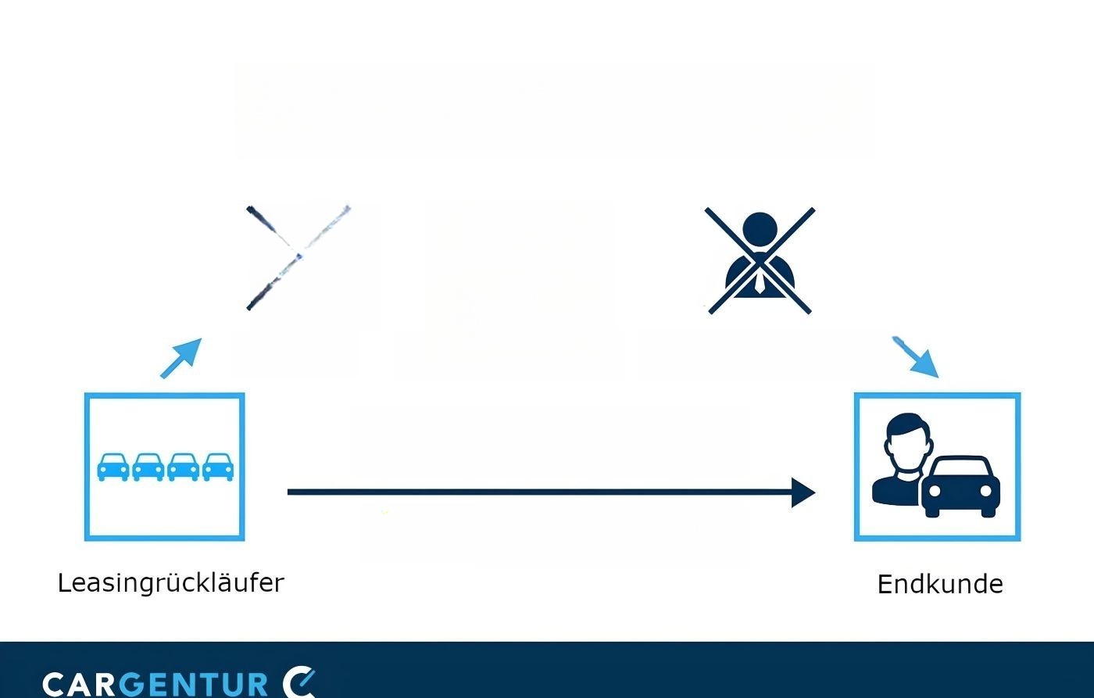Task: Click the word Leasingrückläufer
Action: (x=171, y=584)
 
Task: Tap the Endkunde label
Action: (x=940, y=585)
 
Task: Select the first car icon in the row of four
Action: (x=113, y=467)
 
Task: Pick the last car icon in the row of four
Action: (x=218, y=467)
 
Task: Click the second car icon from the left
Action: (x=148, y=467)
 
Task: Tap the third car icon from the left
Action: (x=183, y=467)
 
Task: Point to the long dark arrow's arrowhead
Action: (x=803, y=492)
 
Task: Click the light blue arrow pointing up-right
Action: (x=181, y=358)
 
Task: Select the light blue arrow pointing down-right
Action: (x=916, y=357)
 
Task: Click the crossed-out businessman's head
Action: (x=760, y=231)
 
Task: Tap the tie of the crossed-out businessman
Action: (x=760, y=283)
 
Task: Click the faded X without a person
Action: (x=299, y=257)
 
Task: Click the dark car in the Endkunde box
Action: (x=960, y=486)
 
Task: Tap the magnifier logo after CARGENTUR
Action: (x=299, y=682)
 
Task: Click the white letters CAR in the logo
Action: (x=79, y=685)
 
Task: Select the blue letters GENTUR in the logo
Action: (x=194, y=685)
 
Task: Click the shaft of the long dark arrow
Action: (x=540, y=492)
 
